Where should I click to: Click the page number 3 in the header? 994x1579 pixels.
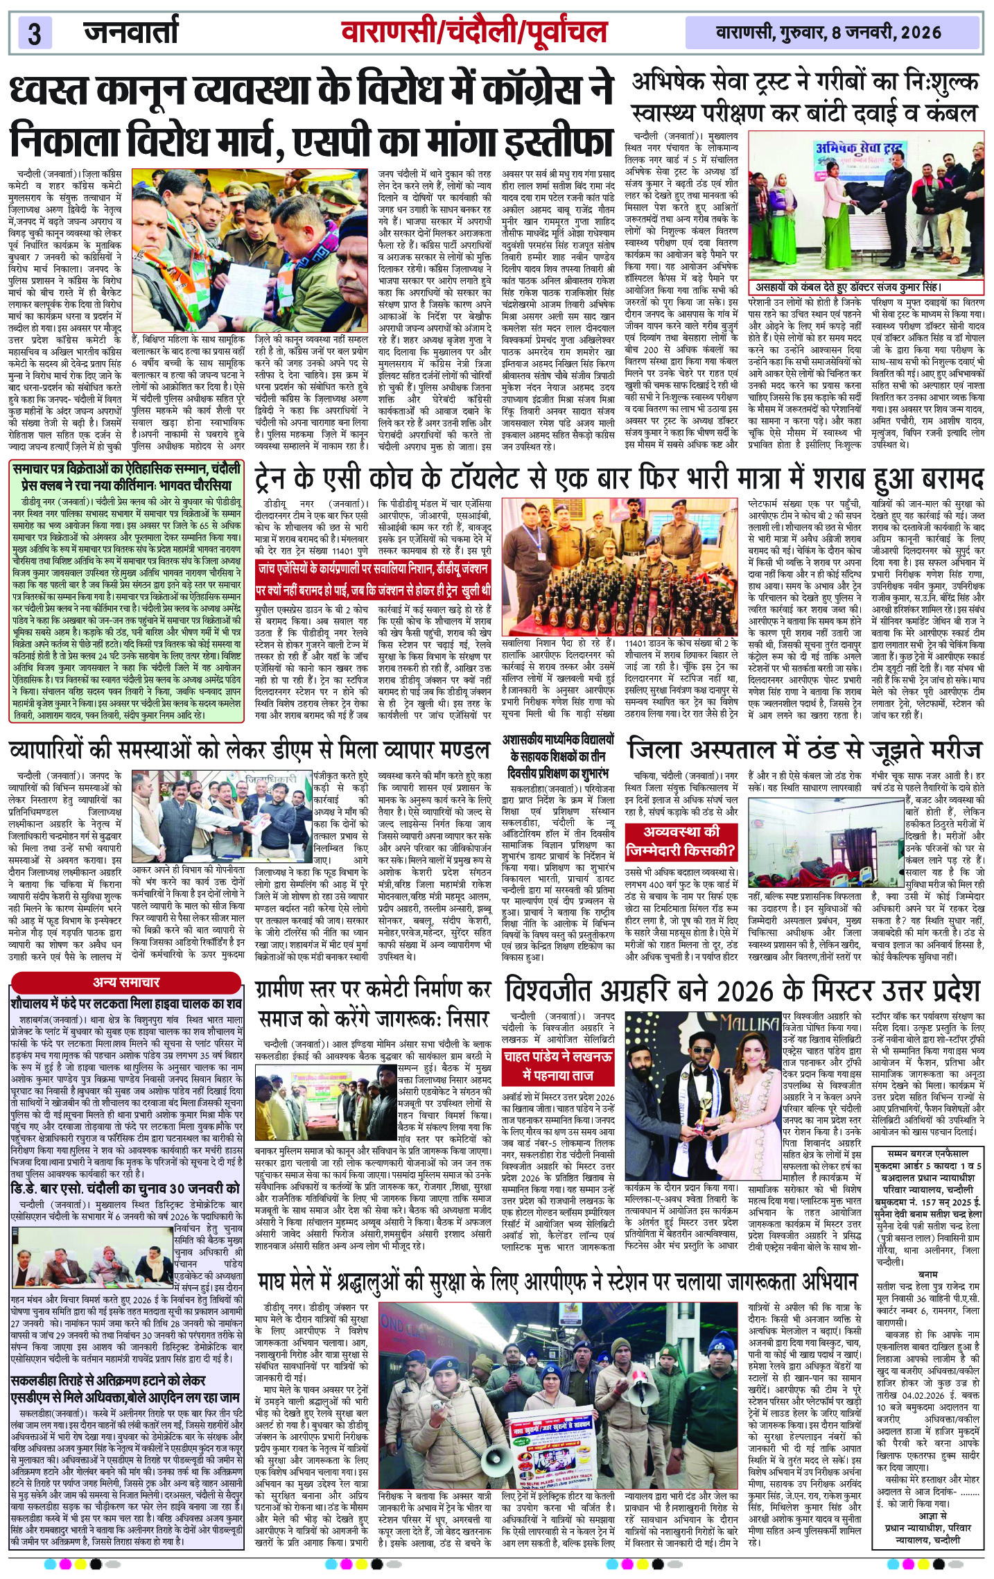coord(35,33)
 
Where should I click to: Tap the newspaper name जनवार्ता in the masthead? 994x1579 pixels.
coord(130,32)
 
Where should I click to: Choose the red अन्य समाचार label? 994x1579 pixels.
coord(126,982)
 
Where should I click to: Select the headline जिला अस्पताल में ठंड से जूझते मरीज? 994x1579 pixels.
coord(804,750)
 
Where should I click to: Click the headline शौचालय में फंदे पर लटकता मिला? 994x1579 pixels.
coord(126,1002)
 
